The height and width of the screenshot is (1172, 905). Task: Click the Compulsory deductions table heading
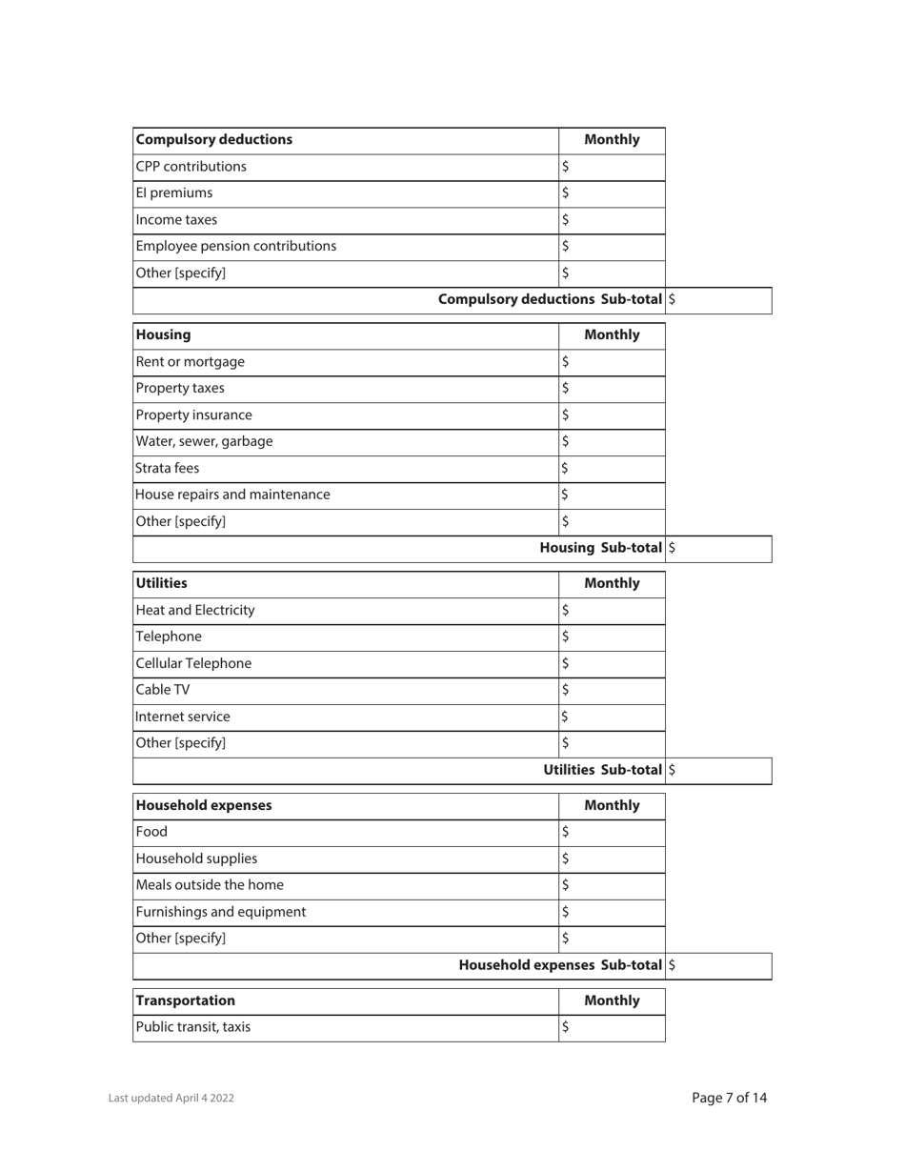tap(214, 140)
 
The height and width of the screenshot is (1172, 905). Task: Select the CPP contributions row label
tap(191, 167)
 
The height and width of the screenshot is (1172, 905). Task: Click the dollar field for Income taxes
tap(612, 220)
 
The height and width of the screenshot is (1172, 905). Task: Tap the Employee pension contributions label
tap(236, 247)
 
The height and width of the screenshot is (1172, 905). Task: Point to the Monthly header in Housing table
tap(612, 334)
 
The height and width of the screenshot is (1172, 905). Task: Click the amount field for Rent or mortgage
tap(612, 361)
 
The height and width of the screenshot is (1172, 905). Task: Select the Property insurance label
tap(195, 414)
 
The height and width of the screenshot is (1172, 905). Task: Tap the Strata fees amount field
tap(612, 468)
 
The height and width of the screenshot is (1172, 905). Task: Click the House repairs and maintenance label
tap(234, 495)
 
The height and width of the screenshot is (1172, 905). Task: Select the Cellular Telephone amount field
tap(612, 663)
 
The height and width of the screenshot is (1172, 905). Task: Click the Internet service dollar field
tap(612, 717)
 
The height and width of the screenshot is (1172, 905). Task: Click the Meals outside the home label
tap(211, 885)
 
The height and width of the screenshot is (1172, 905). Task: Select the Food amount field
tap(612, 832)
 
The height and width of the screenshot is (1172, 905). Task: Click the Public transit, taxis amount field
tap(612, 1027)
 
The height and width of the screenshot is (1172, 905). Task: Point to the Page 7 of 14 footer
tap(729, 1098)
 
